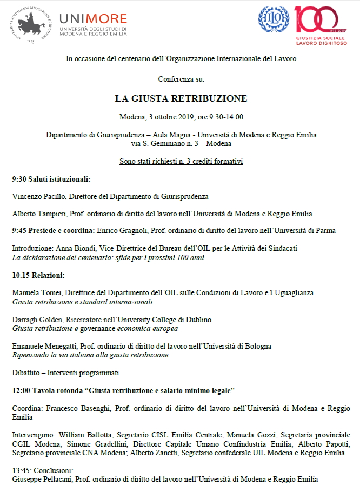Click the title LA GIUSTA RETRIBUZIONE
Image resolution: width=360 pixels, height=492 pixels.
(x=181, y=98)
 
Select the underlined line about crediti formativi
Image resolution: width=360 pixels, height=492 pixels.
(x=181, y=161)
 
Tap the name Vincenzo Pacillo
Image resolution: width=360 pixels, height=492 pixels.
(x=37, y=196)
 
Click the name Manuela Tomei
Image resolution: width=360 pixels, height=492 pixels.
(x=35, y=292)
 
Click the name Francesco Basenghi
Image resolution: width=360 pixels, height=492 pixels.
(x=73, y=408)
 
